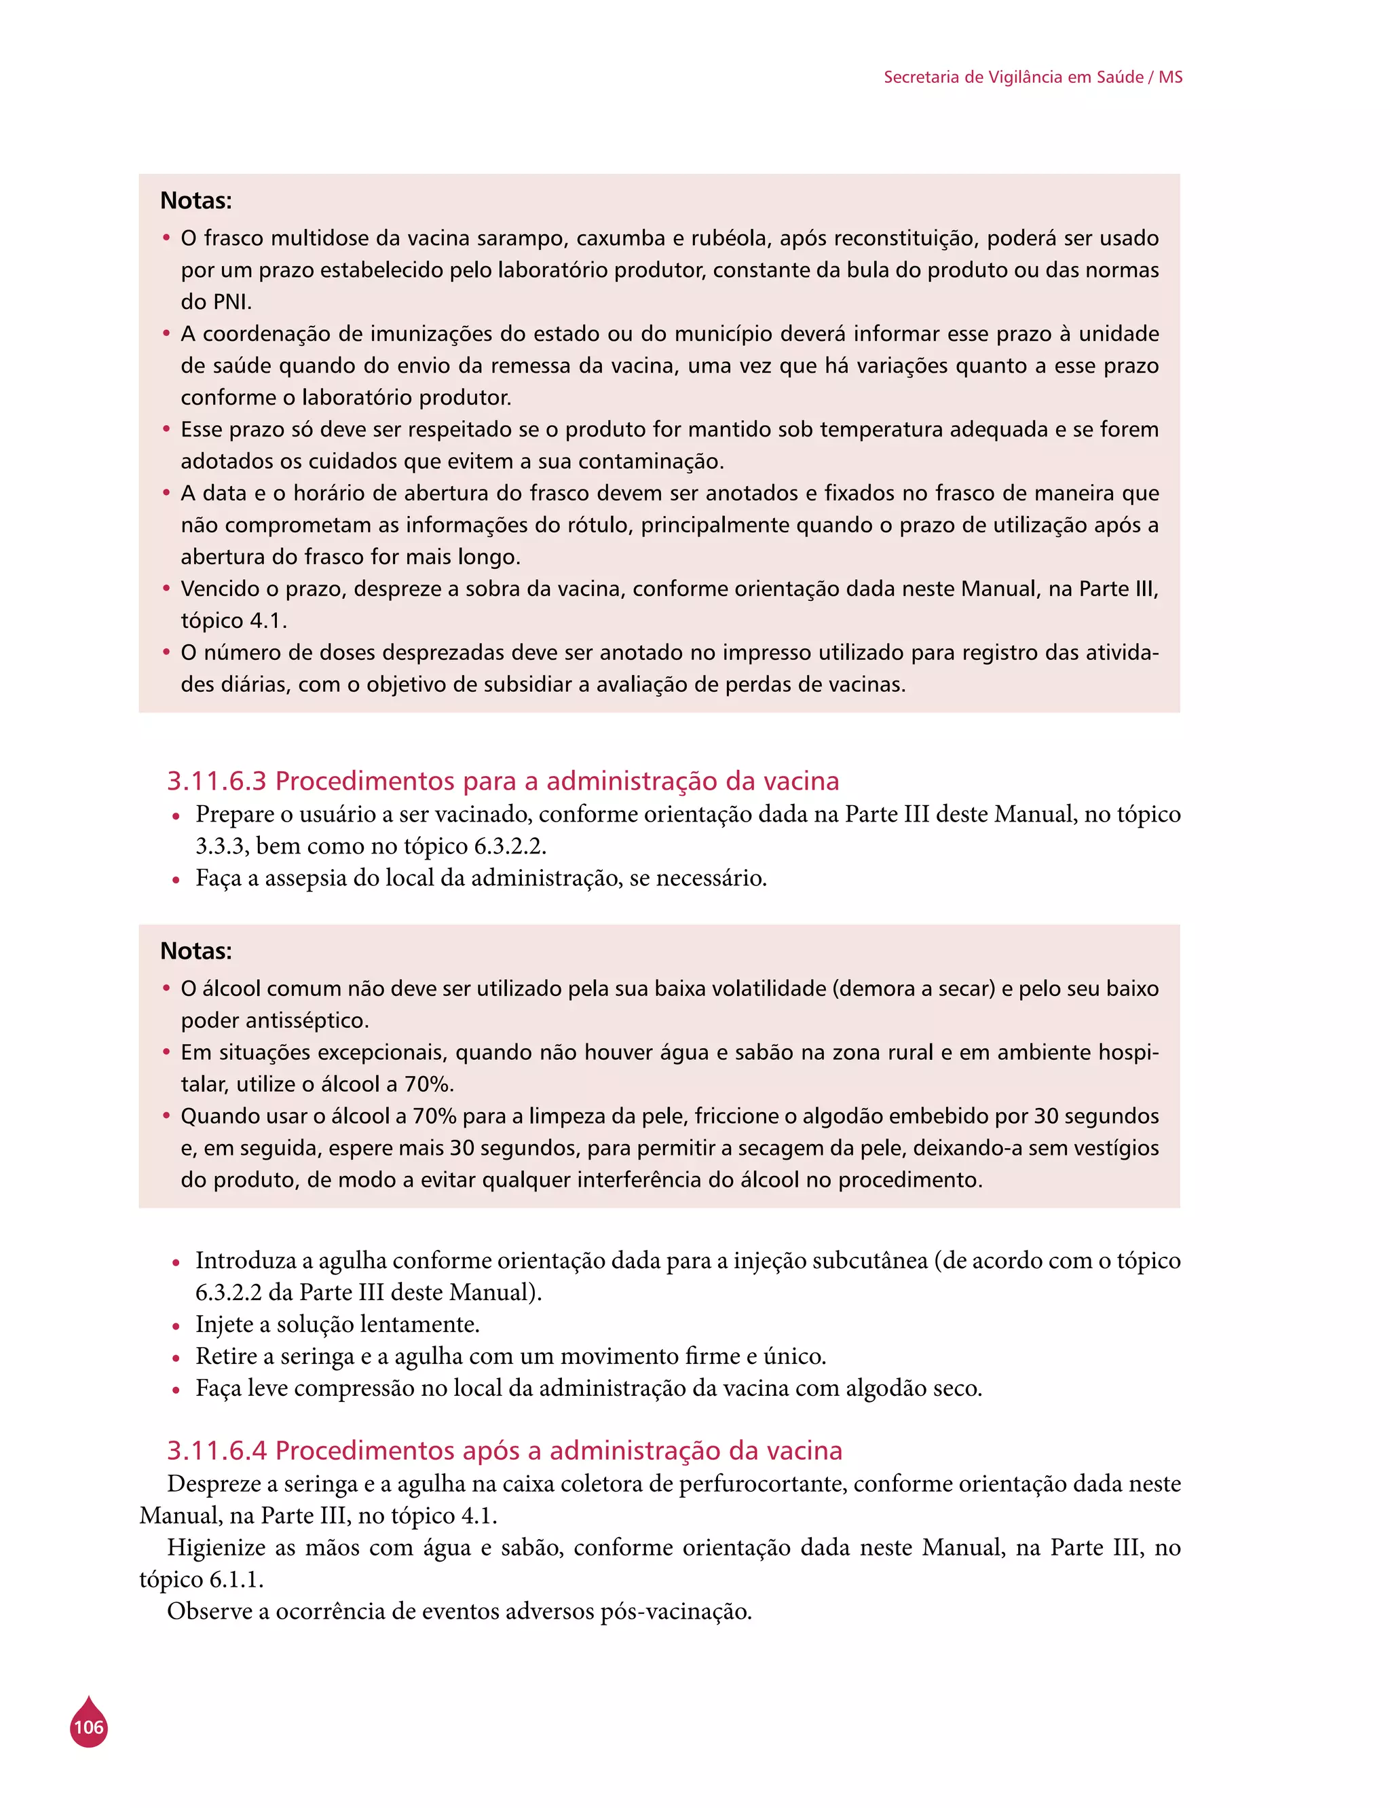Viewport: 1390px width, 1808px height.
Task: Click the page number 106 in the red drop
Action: point(88,1727)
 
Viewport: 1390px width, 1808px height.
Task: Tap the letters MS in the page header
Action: point(1170,77)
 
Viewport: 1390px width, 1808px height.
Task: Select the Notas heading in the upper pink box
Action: point(196,201)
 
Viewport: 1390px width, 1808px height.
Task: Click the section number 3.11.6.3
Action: point(218,781)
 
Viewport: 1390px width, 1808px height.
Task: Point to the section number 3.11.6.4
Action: point(218,1450)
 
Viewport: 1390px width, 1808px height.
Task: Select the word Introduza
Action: point(246,1261)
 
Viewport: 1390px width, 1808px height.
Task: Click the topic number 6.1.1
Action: point(235,1580)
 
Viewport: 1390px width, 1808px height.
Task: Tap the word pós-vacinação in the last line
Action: point(676,1612)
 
